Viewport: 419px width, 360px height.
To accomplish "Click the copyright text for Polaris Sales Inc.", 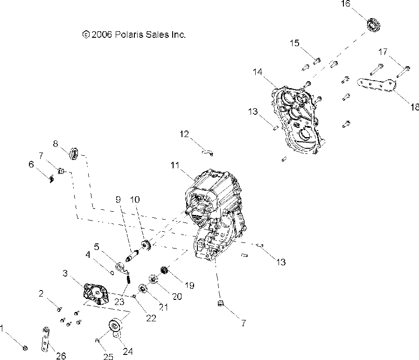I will click(133, 35).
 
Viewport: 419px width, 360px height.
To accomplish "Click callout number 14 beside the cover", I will click(258, 72).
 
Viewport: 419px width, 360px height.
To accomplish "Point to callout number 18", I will click(413, 107).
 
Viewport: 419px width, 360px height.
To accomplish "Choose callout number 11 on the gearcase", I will click(175, 166).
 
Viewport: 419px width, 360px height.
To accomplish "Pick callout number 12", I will click(184, 134).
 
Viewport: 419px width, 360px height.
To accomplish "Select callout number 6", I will click(31, 164).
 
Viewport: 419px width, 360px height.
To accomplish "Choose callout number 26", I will click(61, 357).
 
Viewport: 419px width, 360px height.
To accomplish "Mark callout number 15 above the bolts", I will click(294, 44).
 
